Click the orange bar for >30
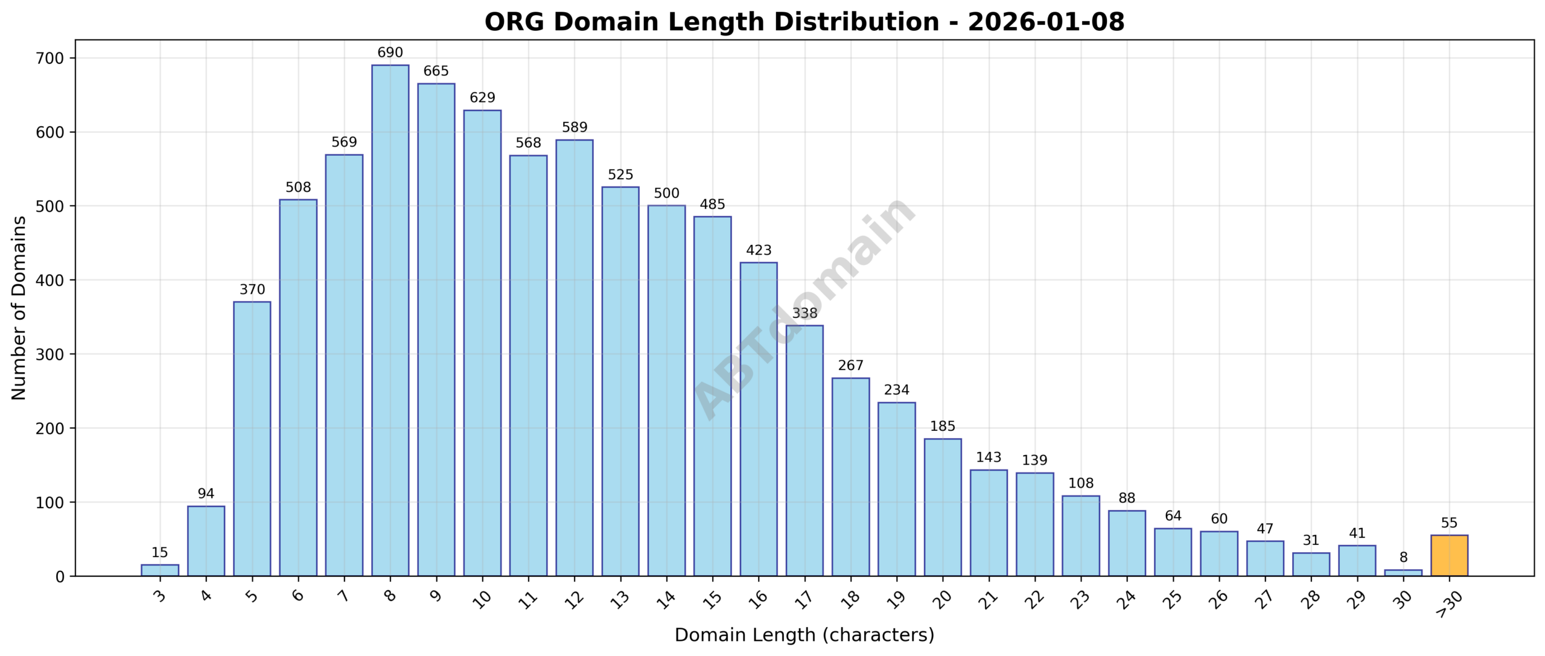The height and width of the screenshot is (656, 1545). (1449, 555)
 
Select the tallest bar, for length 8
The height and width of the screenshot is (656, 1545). (390, 320)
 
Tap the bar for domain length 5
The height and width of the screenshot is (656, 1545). (252, 439)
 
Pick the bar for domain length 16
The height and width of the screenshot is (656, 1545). (759, 419)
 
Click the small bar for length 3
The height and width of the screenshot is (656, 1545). (160, 570)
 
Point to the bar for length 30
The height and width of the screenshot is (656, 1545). (1403, 573)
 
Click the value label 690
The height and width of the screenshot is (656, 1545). (390, 53)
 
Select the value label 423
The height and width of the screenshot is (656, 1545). (759, 250)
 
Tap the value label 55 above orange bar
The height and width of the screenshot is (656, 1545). (1449, 523)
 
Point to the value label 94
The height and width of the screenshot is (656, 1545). (206, 494)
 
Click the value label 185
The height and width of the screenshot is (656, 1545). (943, 426)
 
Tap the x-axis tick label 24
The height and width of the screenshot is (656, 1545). (1126, 599)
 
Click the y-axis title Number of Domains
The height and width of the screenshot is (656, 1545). (19, 308)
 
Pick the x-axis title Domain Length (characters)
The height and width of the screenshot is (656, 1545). (804, 635)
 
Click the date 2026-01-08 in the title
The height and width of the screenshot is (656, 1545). (1046, 22)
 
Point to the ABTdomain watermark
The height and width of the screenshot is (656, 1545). (804, 308)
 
